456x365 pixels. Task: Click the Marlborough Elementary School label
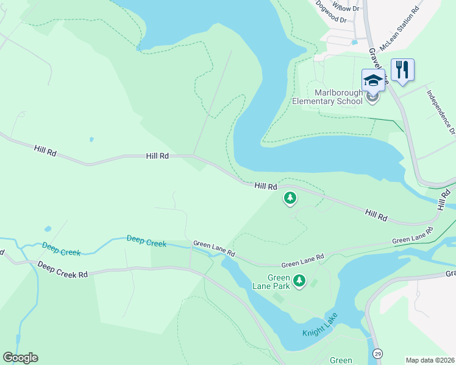(x=329, y=97)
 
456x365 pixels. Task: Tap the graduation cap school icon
(x=373, y=80)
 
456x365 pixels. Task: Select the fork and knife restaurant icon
(x=402, y=69)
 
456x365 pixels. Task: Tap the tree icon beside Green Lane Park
(x=299, y=280)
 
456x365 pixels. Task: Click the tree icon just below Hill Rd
(x=290, y=198)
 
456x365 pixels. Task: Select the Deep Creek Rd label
(x=62, y=270)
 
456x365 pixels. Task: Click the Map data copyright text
(x=430, y=360)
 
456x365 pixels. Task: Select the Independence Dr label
(x=440, y=113)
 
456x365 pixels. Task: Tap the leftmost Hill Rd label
(x=46, y=151)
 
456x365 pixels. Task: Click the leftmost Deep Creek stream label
(x=61, y=248)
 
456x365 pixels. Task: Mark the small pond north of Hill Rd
(x=91, y=139)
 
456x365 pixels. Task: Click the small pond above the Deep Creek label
(x=48, y=229)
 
